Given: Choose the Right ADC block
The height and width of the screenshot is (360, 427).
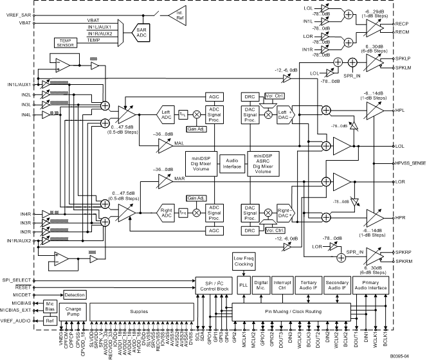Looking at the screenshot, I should tap(167, 211).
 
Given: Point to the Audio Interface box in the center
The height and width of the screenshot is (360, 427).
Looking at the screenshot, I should tap(233, 163).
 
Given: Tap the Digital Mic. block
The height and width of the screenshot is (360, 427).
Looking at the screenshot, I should tap(261, 284).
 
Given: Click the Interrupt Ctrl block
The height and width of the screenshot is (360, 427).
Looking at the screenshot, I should tap(283, 284).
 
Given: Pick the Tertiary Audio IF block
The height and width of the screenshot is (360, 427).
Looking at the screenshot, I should tap(309, 284).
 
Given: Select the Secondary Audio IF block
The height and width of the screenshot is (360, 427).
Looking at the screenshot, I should tap(337, 284).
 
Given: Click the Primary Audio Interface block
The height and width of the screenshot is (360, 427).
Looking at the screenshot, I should tap(371, 284).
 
